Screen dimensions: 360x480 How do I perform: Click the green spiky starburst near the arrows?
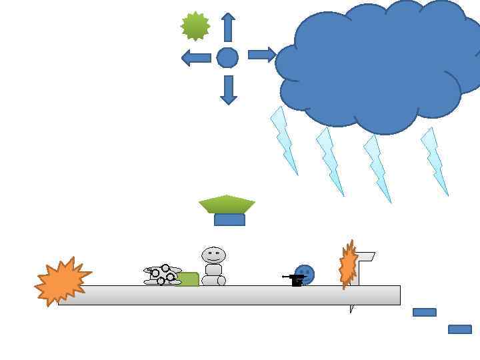point(195,26)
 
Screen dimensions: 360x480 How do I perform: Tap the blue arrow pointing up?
point(228,27)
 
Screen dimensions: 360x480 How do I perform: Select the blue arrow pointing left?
point(196,58)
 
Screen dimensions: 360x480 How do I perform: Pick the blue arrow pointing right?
point(261,55)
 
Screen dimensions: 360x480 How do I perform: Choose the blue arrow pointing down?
point(228,90)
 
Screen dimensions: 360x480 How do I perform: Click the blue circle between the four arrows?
point(227,58)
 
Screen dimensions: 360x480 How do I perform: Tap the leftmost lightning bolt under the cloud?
point(283,140)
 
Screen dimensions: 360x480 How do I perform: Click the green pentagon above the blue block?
point(227,204)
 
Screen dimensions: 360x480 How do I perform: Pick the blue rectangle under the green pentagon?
point(229,220)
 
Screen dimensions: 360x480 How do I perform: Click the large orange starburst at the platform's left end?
point(62,281)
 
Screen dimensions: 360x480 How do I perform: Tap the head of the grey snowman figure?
point(213,255)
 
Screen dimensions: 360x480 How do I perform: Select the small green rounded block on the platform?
point(189,279)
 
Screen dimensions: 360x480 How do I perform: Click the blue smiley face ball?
point(305,273)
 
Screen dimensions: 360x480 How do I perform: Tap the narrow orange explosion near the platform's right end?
point(347,265)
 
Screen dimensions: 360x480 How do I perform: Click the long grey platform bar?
point(233,295)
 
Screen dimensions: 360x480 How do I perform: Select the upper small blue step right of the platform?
point(424,312)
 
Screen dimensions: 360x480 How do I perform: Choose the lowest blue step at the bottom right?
point(459,329)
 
